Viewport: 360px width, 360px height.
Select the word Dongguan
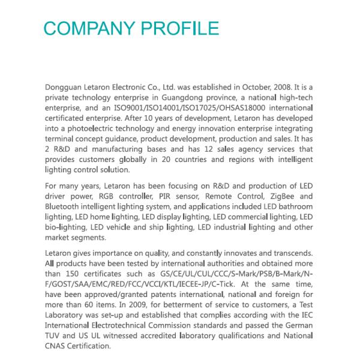tap(64, 88)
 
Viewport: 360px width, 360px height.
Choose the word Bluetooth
tap(64, 206)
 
